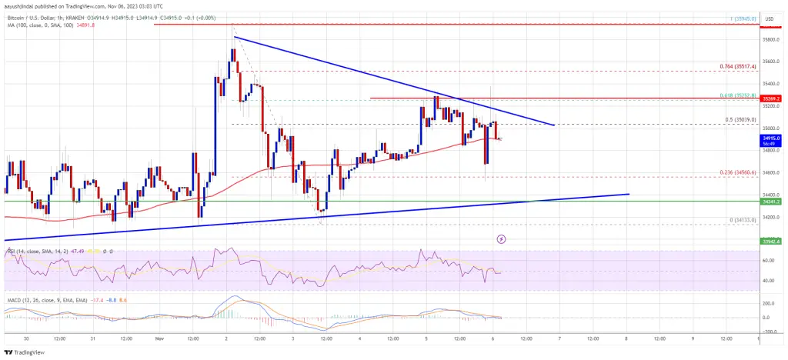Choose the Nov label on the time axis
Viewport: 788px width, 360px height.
pos(159,337)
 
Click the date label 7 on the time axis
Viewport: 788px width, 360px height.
pos(559,337)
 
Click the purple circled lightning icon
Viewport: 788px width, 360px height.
pos(502,239)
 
